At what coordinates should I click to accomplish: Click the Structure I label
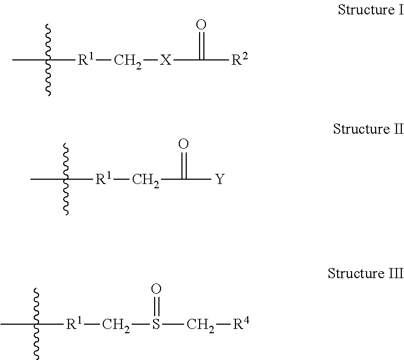(370, 10)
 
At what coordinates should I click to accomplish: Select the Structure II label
(368, 129)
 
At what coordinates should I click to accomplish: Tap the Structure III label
(365, 274)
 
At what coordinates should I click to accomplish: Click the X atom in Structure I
(166, 60)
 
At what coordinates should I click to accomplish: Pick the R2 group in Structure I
(239, 59)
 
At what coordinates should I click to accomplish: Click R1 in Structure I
(87, 59)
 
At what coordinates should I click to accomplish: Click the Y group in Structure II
(219, 180)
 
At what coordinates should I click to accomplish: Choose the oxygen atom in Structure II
(184, 144)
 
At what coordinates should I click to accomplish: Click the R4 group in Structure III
(241, 323)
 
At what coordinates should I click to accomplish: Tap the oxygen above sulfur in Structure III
(156, 289)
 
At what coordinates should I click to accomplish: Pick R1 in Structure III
(74, 323)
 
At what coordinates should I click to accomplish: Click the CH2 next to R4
(201, 325)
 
